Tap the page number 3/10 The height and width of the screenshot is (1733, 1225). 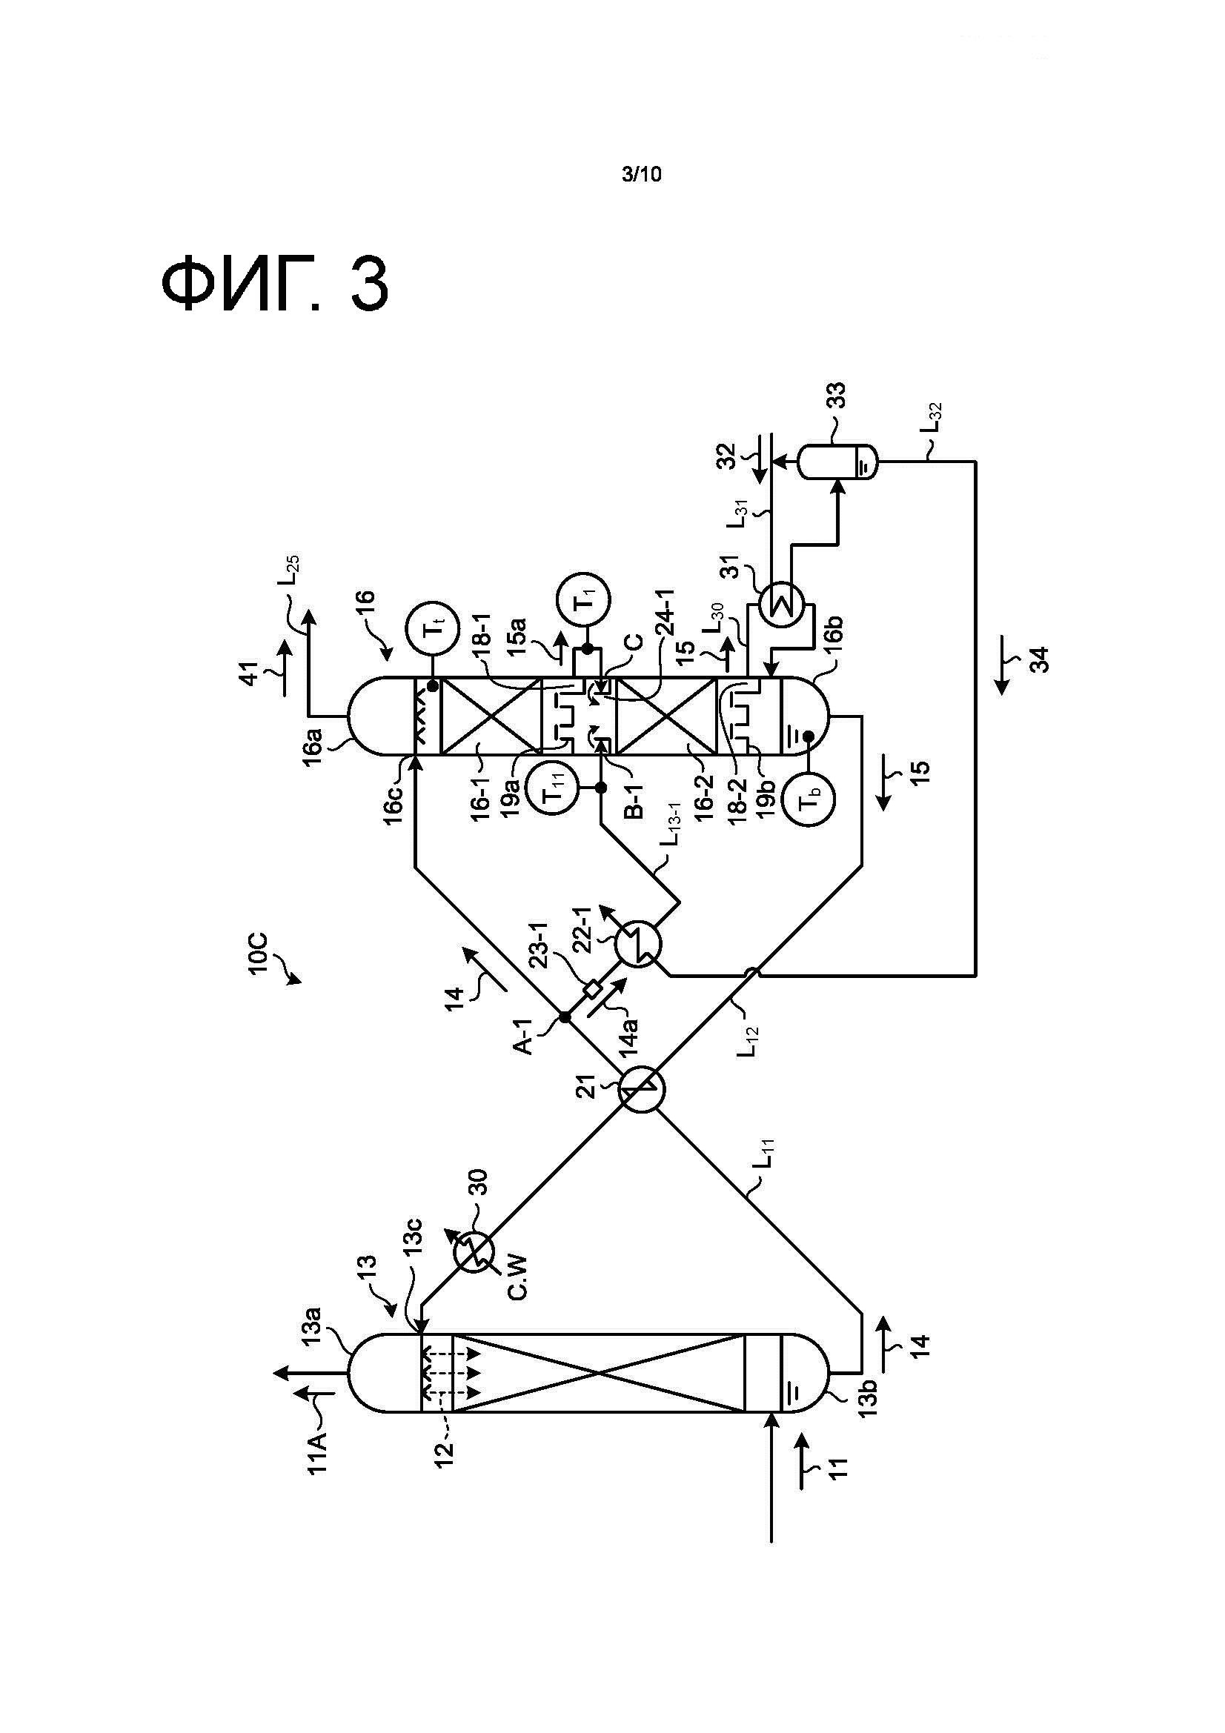[x=641, y=174]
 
